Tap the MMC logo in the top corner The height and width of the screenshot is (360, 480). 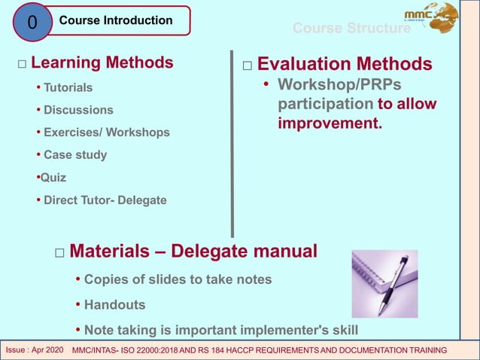pos(430,17)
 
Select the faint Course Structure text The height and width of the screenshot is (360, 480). pos(351,29)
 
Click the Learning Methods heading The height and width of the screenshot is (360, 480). pos(102,62)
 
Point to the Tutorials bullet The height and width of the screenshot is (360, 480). pos(68,87)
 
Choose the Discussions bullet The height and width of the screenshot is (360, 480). pos(78,110)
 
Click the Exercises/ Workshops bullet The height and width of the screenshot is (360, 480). pos(106,133)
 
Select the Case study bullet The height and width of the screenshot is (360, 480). pos(75,155)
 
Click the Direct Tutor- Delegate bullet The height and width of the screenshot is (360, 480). pos(105,200)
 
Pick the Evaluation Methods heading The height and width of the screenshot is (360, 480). pos(345,64)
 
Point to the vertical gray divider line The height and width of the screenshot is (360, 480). pos(232,143)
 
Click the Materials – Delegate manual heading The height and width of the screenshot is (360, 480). pos(193,250)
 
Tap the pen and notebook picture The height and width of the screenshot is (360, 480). pos(384,283)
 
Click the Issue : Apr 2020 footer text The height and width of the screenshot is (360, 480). pos(35,350)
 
